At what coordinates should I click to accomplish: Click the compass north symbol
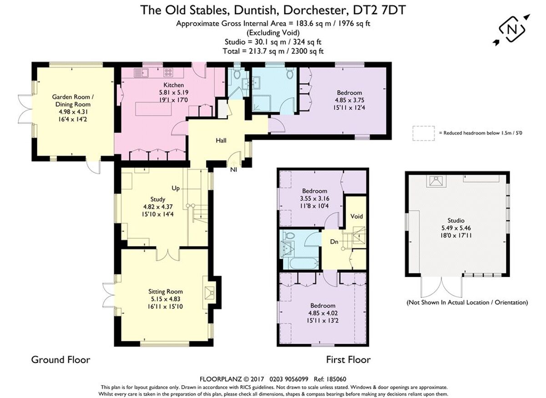tap(512, 30)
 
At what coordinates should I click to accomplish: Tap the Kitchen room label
tap(174, 85)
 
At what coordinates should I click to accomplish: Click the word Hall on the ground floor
tap(221, 141)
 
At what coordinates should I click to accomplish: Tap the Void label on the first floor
tap(355, 216)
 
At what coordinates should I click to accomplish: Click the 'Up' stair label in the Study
tap(176, 188)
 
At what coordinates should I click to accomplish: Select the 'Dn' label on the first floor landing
tap(334, 242)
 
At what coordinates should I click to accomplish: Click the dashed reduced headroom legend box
tap(423, 133)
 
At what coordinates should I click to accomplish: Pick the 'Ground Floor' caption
tap(61, 360)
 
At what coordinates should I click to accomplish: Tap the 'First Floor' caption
tap(348, 360)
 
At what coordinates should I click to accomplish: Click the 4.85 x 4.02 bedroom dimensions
tap(323, 313)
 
